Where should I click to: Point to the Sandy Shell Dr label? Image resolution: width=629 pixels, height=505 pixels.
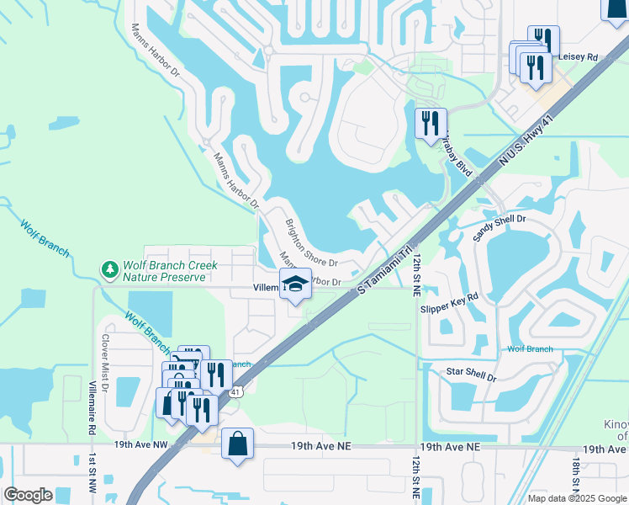pyautogui.click(x=499, y=228)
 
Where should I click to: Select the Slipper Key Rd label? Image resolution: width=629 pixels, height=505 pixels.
pyautogui.click(x=449, y=302)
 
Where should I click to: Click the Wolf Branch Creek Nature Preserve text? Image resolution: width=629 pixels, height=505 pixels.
pyautogui.click(x=170, y=270)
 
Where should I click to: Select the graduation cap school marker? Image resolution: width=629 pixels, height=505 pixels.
pyautogui.click(x=295, y=284)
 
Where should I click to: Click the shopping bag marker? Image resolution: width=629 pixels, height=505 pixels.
pyautogui.click(x=238, y=443)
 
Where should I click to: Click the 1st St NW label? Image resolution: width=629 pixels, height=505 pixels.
pyautogui.click(x=92, y=474)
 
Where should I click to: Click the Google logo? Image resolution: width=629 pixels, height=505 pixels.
pyautogui.click(x=28, y=495)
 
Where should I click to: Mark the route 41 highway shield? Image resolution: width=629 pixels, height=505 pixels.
pyautogui.click(x=236, y=391)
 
